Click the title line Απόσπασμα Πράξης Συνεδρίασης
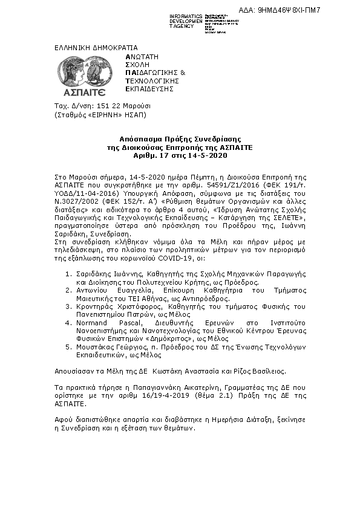click(179, 140)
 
